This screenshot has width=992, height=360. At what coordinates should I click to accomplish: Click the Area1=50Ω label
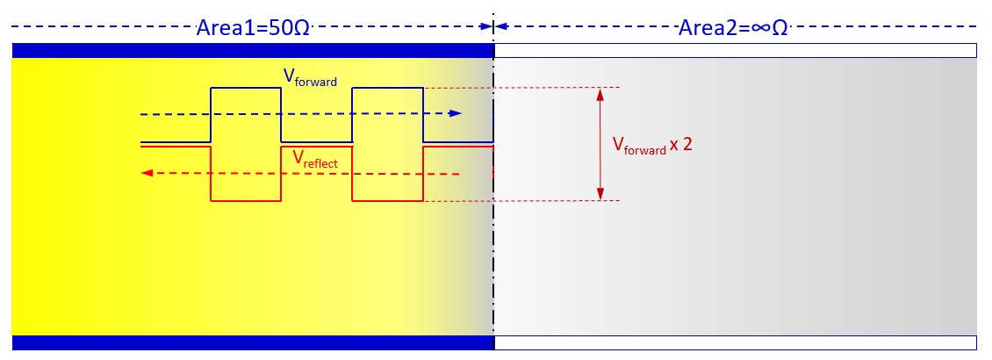coord(253,26)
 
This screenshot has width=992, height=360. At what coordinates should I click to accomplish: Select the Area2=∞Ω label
coord(733,26)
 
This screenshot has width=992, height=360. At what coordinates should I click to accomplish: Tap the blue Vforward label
coord(310,76)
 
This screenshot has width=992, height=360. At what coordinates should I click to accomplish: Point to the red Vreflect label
coord(315,159)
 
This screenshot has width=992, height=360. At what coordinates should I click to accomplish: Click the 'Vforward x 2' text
coord(652,146)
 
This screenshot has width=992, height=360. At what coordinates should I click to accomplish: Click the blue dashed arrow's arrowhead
coord(456,113)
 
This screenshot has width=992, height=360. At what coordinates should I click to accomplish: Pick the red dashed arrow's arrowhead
coord(147,174)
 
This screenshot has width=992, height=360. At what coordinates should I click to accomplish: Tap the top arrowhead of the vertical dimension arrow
coord(600,93)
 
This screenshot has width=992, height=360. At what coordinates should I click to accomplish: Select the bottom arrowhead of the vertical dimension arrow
coord(600,195)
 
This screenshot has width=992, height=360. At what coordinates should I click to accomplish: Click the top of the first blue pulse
coord(246,88)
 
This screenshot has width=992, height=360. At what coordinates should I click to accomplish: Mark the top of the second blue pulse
coord(387,88)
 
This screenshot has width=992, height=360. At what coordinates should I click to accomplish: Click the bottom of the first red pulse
coord(246,201)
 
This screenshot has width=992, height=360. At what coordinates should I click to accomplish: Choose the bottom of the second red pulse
coord(387,201)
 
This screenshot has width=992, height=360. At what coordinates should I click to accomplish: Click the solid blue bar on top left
coord(253,50)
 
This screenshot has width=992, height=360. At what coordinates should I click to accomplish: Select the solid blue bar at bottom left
coord(253,342)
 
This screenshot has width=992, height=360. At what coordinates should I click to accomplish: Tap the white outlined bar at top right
coord(736,50)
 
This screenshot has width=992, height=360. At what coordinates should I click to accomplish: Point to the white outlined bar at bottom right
coord(736,342)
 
